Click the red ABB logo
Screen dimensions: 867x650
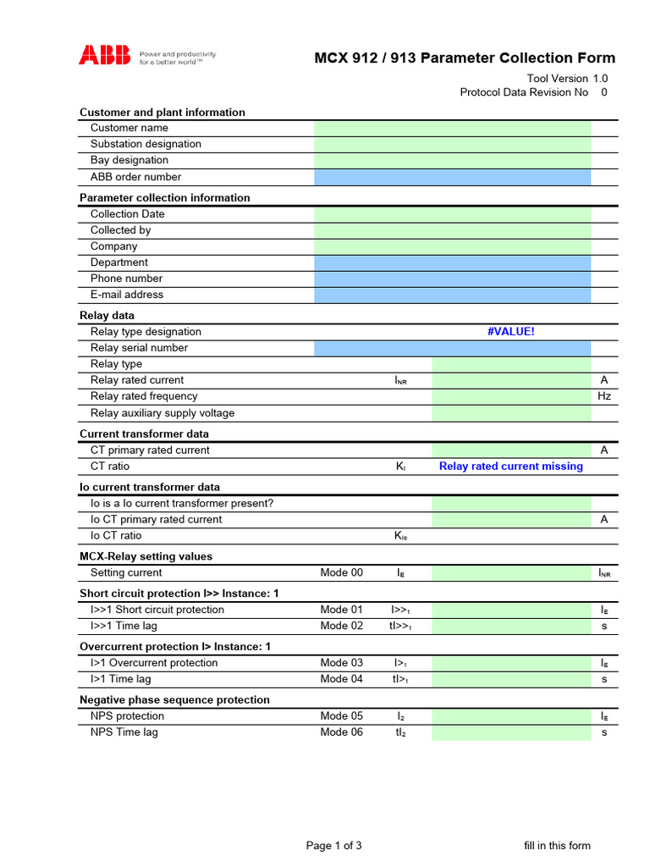tap(105, 56)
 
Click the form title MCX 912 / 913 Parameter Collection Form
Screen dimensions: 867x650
tap(465, 58)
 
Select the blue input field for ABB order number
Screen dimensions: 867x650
tap(452, 177)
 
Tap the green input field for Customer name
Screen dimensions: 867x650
tap(452, 128)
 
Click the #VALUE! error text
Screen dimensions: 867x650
tap(511, 332)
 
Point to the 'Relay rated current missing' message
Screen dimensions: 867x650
tap(511, 467)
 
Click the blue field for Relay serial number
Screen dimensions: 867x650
tap(452, 348)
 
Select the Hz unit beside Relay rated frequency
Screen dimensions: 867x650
tap(604, 396)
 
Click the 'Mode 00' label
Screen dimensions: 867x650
tap(341, 573)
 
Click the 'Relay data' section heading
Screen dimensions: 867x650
tap(107, 316)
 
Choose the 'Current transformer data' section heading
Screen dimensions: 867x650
tap(144, 434)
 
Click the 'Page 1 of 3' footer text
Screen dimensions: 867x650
tap(333, 845)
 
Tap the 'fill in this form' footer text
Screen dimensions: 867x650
tap(557, 845)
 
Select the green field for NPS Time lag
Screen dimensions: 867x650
tap(511, 732)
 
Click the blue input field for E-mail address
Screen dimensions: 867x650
tap(452, 295)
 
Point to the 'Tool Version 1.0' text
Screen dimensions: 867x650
tap(567, 79)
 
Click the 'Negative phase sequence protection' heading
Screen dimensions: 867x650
tap(174, 700)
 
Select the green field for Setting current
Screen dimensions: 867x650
tap(511, 573)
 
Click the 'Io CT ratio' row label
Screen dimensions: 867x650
tap(116, 536)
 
